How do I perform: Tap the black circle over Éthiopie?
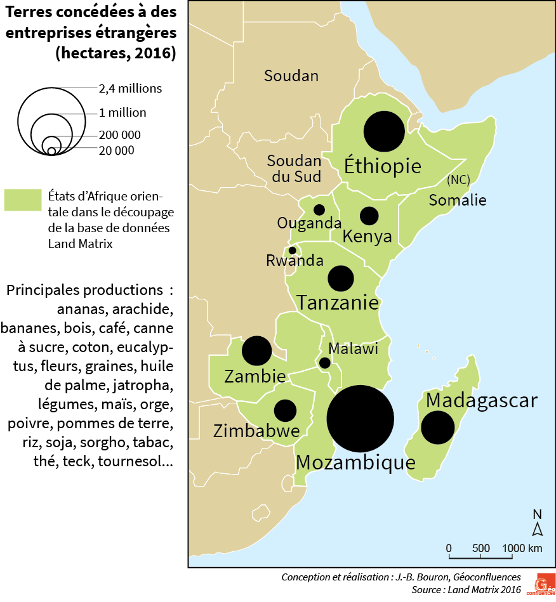384,132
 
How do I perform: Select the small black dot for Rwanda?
293,251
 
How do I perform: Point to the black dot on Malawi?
324,363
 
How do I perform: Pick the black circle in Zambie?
257,351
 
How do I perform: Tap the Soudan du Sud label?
294,169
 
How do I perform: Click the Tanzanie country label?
338,303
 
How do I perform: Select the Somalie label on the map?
457,200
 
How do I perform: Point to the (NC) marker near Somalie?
458,180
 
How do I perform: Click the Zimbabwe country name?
256,432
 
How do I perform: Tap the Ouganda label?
309,223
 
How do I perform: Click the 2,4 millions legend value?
130,89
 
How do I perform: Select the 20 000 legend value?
116,150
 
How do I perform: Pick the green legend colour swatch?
23,199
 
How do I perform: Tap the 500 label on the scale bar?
481,548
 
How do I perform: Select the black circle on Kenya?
369,216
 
